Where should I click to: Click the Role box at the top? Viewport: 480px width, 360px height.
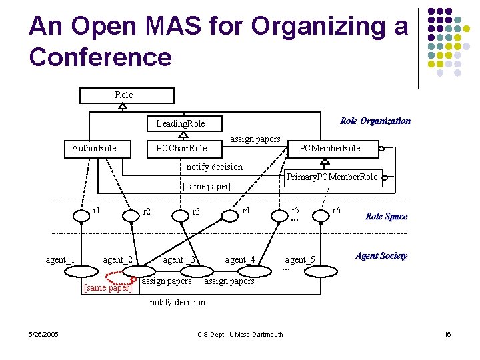(x=127, y=95)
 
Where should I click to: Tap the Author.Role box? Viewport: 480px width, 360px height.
(x=94, y=148)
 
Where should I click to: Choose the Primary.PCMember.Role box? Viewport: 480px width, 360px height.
(x=331, y=177)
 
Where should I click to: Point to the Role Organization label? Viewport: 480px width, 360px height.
(x=375, y=121)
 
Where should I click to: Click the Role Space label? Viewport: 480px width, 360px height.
(x=386, y=216)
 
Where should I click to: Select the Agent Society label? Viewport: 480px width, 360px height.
(x=381, y=256)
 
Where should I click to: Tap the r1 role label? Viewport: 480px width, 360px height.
(x=97, y=210)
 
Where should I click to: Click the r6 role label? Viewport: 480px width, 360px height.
(x=337, y=210)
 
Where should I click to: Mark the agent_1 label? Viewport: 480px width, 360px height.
(x=60, y=259)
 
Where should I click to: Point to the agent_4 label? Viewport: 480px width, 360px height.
(x=239, y=259)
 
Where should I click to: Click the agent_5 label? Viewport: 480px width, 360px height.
(x=300, y=259)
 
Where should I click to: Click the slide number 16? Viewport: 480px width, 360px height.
(x=447, y=334)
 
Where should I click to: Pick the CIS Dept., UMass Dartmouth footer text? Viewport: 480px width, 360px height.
(x=241, y=334)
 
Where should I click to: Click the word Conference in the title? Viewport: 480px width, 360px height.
(x=100, y=57)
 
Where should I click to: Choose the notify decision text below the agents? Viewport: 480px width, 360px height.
(x=177, y=302)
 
